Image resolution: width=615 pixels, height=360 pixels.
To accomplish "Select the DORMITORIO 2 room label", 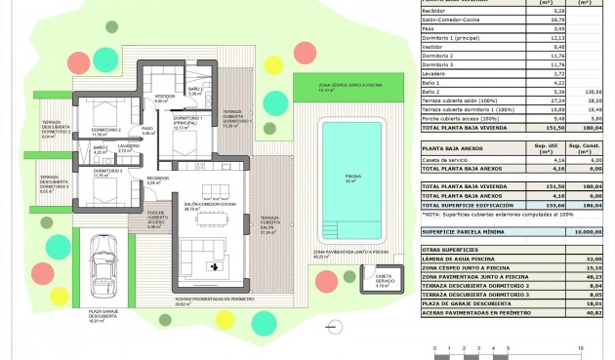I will click(105, 132).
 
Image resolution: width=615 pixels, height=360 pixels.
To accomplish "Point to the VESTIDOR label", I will click(165, 99).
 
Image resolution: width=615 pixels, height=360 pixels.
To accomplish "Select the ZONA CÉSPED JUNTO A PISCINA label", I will click(348, 87).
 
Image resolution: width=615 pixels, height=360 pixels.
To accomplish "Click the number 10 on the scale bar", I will click(581, 346).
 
